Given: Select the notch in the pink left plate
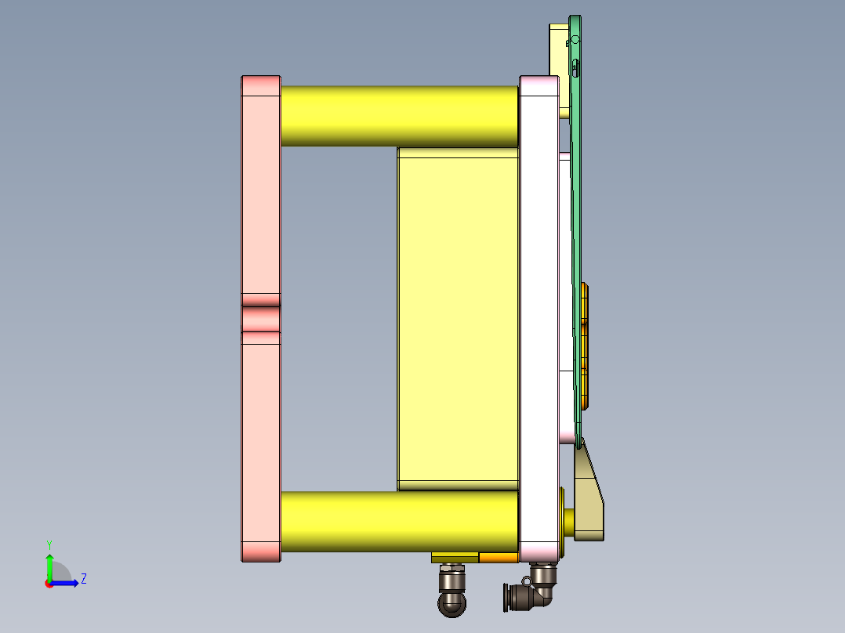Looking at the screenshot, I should tap(260, 319).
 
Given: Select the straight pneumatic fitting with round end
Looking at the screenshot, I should tap(452, 591).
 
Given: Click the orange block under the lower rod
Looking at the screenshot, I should tap(498, 558).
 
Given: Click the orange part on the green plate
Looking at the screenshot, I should tap(586, 345).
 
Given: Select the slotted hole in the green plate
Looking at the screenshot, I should tap(576, 68).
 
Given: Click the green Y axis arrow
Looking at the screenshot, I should tap(49, 566).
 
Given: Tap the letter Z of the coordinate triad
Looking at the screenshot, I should tap(83, 579).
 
